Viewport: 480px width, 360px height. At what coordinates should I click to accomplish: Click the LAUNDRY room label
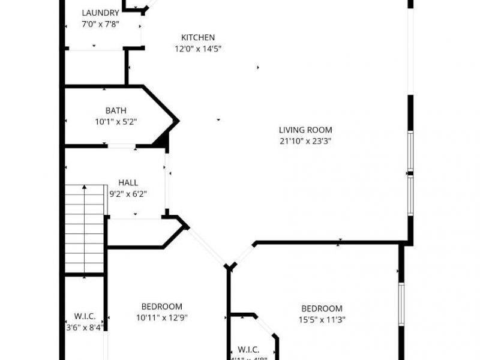click(x=101, y=13)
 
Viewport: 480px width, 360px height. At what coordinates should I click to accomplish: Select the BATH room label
click(x=116, y=110)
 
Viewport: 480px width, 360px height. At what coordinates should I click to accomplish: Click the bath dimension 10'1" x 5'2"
click(x=116, y=122)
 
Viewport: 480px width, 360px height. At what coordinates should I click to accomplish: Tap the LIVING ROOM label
click(x=305, y=130)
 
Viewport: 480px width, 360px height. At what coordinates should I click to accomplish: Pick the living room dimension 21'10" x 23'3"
click(x=305, y=141)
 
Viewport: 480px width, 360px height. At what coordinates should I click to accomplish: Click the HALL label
click(x=128, y=182)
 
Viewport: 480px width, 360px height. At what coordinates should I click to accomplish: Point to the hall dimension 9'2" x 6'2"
click(x=128, y=194)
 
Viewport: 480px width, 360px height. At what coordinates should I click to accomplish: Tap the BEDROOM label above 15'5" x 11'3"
click(x=322, y=308)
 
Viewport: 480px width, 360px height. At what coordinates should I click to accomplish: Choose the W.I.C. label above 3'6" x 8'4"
click(x=85, y=316)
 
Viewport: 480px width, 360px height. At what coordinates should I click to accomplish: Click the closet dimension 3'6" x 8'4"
click(x=85, y=327)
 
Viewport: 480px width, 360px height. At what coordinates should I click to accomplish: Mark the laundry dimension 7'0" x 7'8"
click(x=101, y=25)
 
